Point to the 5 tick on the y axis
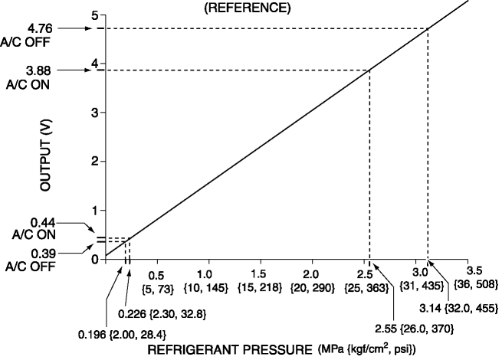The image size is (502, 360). [94, 15]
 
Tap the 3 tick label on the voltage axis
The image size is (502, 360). [94, 113]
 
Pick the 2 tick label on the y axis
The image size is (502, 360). [94, 162]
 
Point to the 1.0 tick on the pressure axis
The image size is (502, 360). [205, 273]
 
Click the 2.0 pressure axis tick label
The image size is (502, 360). [310, 273]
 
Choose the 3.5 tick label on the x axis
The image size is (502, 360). [474, 270]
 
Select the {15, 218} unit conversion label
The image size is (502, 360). [258, 286]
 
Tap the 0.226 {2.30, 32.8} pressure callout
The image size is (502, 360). [161, 313]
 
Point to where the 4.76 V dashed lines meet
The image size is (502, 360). [428, 29]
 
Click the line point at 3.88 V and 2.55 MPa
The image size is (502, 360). [369, 70]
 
